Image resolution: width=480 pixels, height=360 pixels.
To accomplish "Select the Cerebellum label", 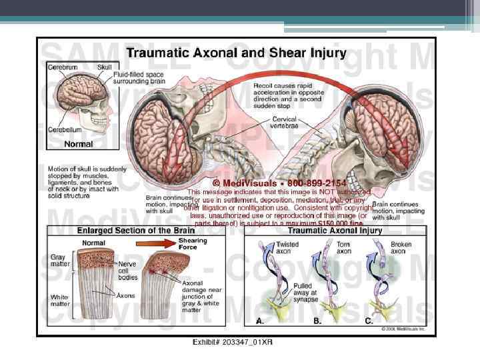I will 65,131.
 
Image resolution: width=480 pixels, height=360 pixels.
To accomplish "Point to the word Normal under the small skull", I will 78,143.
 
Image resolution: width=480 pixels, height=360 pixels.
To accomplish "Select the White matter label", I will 61,301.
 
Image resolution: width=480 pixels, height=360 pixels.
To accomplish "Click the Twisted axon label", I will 287,248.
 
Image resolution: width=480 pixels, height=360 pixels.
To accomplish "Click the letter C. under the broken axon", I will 369,321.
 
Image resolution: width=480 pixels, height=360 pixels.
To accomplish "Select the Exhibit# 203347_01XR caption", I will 232,342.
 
